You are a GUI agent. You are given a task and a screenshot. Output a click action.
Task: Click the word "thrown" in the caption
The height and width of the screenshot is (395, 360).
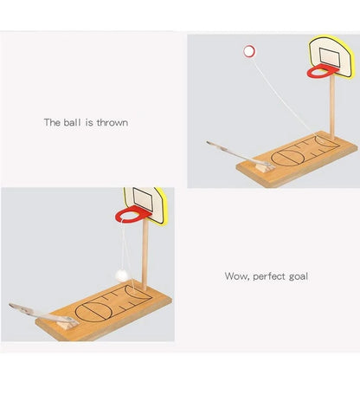112,122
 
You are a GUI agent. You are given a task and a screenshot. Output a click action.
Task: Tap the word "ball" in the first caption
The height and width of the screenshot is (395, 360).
72,122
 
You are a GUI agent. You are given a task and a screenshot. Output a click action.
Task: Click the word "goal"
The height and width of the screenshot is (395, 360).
299,276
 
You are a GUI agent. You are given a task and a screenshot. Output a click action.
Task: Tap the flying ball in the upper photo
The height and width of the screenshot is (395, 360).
249,51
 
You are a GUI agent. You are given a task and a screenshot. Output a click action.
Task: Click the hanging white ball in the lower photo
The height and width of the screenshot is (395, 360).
121,275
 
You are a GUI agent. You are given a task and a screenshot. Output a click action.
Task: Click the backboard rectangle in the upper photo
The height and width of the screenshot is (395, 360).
330,57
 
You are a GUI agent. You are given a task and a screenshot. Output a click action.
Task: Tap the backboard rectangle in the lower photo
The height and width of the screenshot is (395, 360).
143,199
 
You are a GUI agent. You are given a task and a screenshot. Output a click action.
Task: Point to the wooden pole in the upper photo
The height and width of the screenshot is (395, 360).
332,107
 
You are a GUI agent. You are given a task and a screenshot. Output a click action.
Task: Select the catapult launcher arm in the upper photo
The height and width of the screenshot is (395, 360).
240,154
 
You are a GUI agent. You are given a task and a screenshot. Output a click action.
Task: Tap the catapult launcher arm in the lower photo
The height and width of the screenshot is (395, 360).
43,314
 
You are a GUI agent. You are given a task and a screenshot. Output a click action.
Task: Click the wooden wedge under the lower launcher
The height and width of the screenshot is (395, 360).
67,325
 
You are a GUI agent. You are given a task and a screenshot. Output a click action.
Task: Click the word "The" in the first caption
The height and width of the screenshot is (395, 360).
52,122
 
